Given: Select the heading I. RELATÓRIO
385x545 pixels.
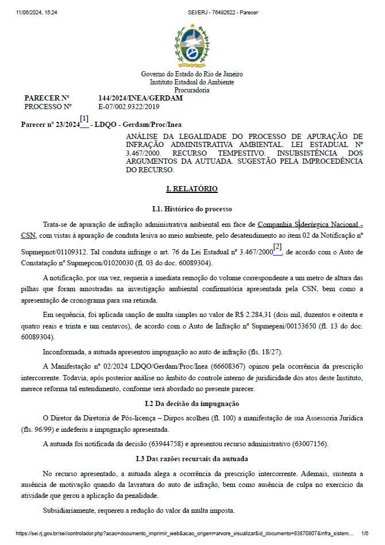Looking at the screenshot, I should [x=192, y=188].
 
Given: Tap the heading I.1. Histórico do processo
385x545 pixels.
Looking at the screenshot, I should [x=192, y=208].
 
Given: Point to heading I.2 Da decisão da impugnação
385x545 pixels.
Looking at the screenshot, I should [x=192, y=404].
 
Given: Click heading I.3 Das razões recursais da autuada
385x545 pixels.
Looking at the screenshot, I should [x=192, y=458].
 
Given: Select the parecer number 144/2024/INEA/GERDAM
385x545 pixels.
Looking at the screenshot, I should [x=141, y=98].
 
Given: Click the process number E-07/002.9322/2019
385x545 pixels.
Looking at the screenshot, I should [x=129, y=106].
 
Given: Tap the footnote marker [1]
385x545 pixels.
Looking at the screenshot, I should [x=84, y=119].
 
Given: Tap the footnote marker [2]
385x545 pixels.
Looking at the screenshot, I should [x=277, y=247].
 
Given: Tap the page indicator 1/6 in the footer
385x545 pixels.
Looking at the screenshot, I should [x=365, y=534].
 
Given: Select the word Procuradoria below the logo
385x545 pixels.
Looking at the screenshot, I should [x=192, y=90].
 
